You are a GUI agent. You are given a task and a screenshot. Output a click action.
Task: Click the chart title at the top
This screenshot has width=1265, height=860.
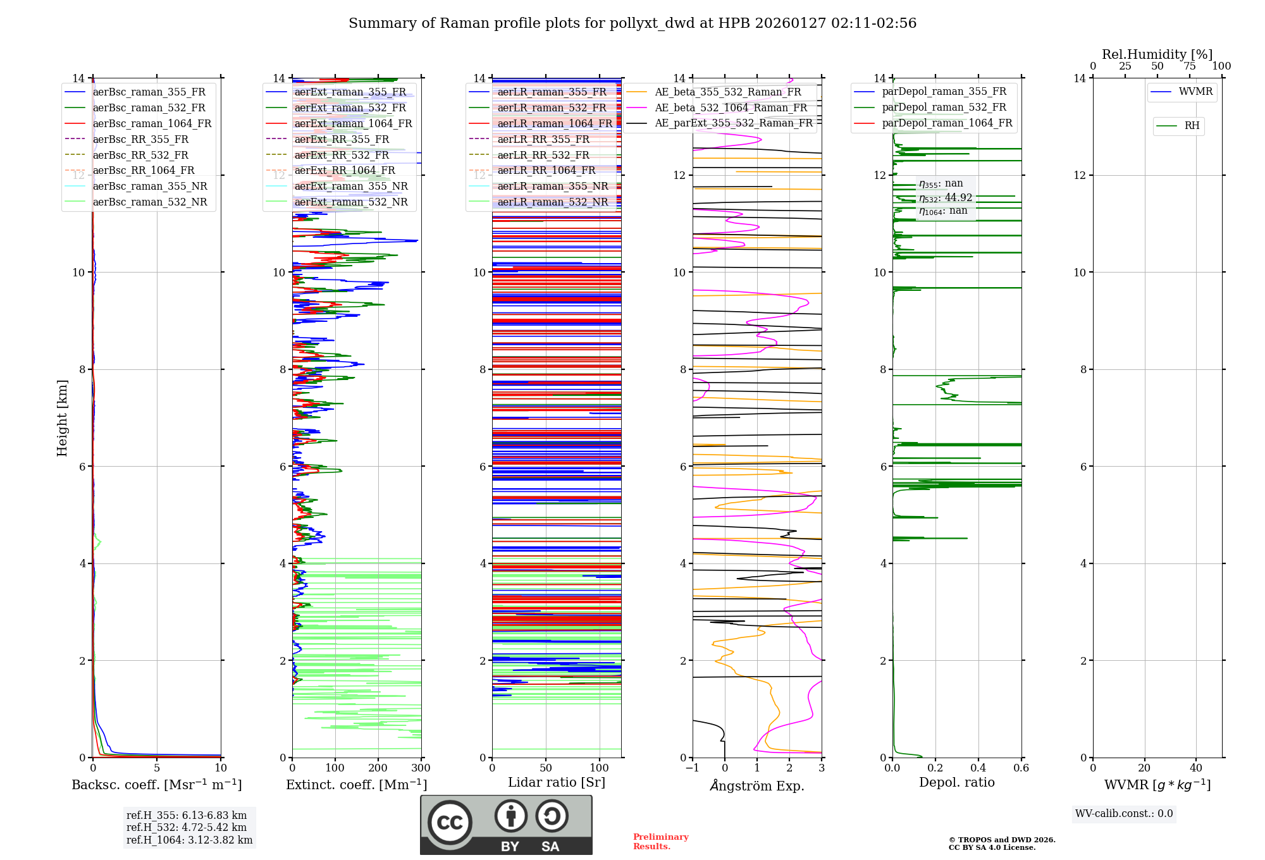632,23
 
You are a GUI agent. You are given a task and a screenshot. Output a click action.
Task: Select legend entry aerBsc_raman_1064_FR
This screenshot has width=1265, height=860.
152,124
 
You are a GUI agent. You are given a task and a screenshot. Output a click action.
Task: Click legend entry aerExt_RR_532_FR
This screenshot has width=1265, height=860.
342,155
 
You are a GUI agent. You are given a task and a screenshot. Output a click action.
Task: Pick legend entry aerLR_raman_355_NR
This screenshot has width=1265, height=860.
552,187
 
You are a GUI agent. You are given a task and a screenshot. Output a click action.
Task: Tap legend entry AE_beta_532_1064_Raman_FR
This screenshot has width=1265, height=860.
731,108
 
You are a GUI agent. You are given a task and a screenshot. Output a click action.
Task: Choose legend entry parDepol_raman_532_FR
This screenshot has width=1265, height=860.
944,107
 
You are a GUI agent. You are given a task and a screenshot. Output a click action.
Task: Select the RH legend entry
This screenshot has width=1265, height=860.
1192,126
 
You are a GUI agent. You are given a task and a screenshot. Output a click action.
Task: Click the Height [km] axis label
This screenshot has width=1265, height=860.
62,417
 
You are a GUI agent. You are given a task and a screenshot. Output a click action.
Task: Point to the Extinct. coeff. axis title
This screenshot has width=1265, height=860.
357,785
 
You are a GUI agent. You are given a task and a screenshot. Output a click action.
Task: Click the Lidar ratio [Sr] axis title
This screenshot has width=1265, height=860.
557,782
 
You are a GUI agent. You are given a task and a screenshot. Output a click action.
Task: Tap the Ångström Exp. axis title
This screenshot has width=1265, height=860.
757,785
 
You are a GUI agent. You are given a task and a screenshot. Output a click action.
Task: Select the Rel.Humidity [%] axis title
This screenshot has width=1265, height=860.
1157,54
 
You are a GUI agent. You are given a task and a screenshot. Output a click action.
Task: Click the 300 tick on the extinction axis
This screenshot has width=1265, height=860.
421,768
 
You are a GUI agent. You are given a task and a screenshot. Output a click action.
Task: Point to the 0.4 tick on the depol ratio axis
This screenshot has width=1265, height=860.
978,768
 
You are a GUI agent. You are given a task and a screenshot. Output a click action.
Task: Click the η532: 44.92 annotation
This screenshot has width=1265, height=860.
946,198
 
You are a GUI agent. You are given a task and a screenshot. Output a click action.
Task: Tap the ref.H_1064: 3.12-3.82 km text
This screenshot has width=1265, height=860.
189,840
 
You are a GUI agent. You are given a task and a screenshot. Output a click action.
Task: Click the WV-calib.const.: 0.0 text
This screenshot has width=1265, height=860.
1124,814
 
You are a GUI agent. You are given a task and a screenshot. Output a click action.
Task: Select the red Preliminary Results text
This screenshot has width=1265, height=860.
660,842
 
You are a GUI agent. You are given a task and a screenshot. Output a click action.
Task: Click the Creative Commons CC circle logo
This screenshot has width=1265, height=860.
450,823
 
